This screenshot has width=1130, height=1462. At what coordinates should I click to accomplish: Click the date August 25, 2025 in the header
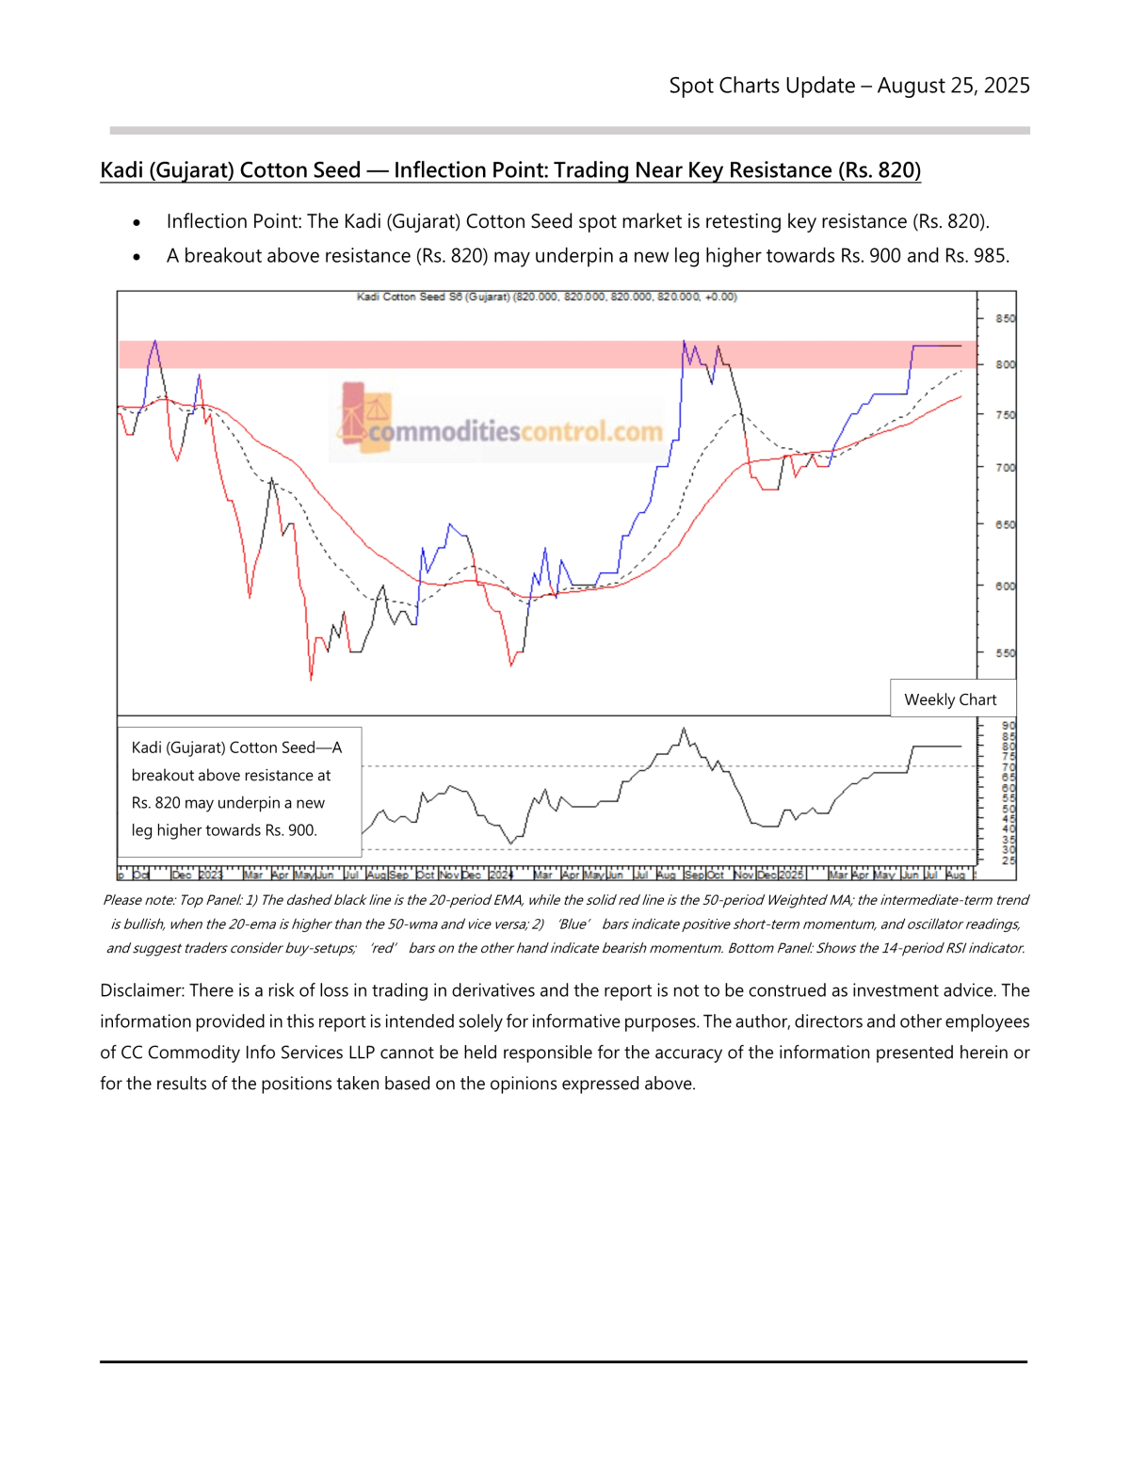point(953,86)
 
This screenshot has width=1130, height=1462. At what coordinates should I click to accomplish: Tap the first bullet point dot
point(137,223)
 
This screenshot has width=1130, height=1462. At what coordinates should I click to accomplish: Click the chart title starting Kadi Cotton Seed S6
point(546,297)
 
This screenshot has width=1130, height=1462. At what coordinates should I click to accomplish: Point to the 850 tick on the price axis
point(1006,318)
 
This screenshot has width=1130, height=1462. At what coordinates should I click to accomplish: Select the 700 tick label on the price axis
point(1006,467)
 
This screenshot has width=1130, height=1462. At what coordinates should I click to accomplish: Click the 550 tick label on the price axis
point(1006,652)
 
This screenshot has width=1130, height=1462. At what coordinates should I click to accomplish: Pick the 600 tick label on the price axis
point(1006,586)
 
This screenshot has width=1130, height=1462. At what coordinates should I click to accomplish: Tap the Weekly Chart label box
point(950,699)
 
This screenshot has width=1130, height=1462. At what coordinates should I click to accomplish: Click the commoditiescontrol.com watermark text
point(515,432)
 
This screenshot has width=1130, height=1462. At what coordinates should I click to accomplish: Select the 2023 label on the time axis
point(210,875)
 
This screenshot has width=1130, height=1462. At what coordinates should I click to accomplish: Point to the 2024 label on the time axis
point(501,875)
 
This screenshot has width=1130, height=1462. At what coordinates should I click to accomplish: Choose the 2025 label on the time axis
point(791,875)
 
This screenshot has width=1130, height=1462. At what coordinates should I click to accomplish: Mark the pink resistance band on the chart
point(546,354)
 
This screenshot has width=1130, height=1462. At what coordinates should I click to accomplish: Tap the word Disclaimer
point(141,990)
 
